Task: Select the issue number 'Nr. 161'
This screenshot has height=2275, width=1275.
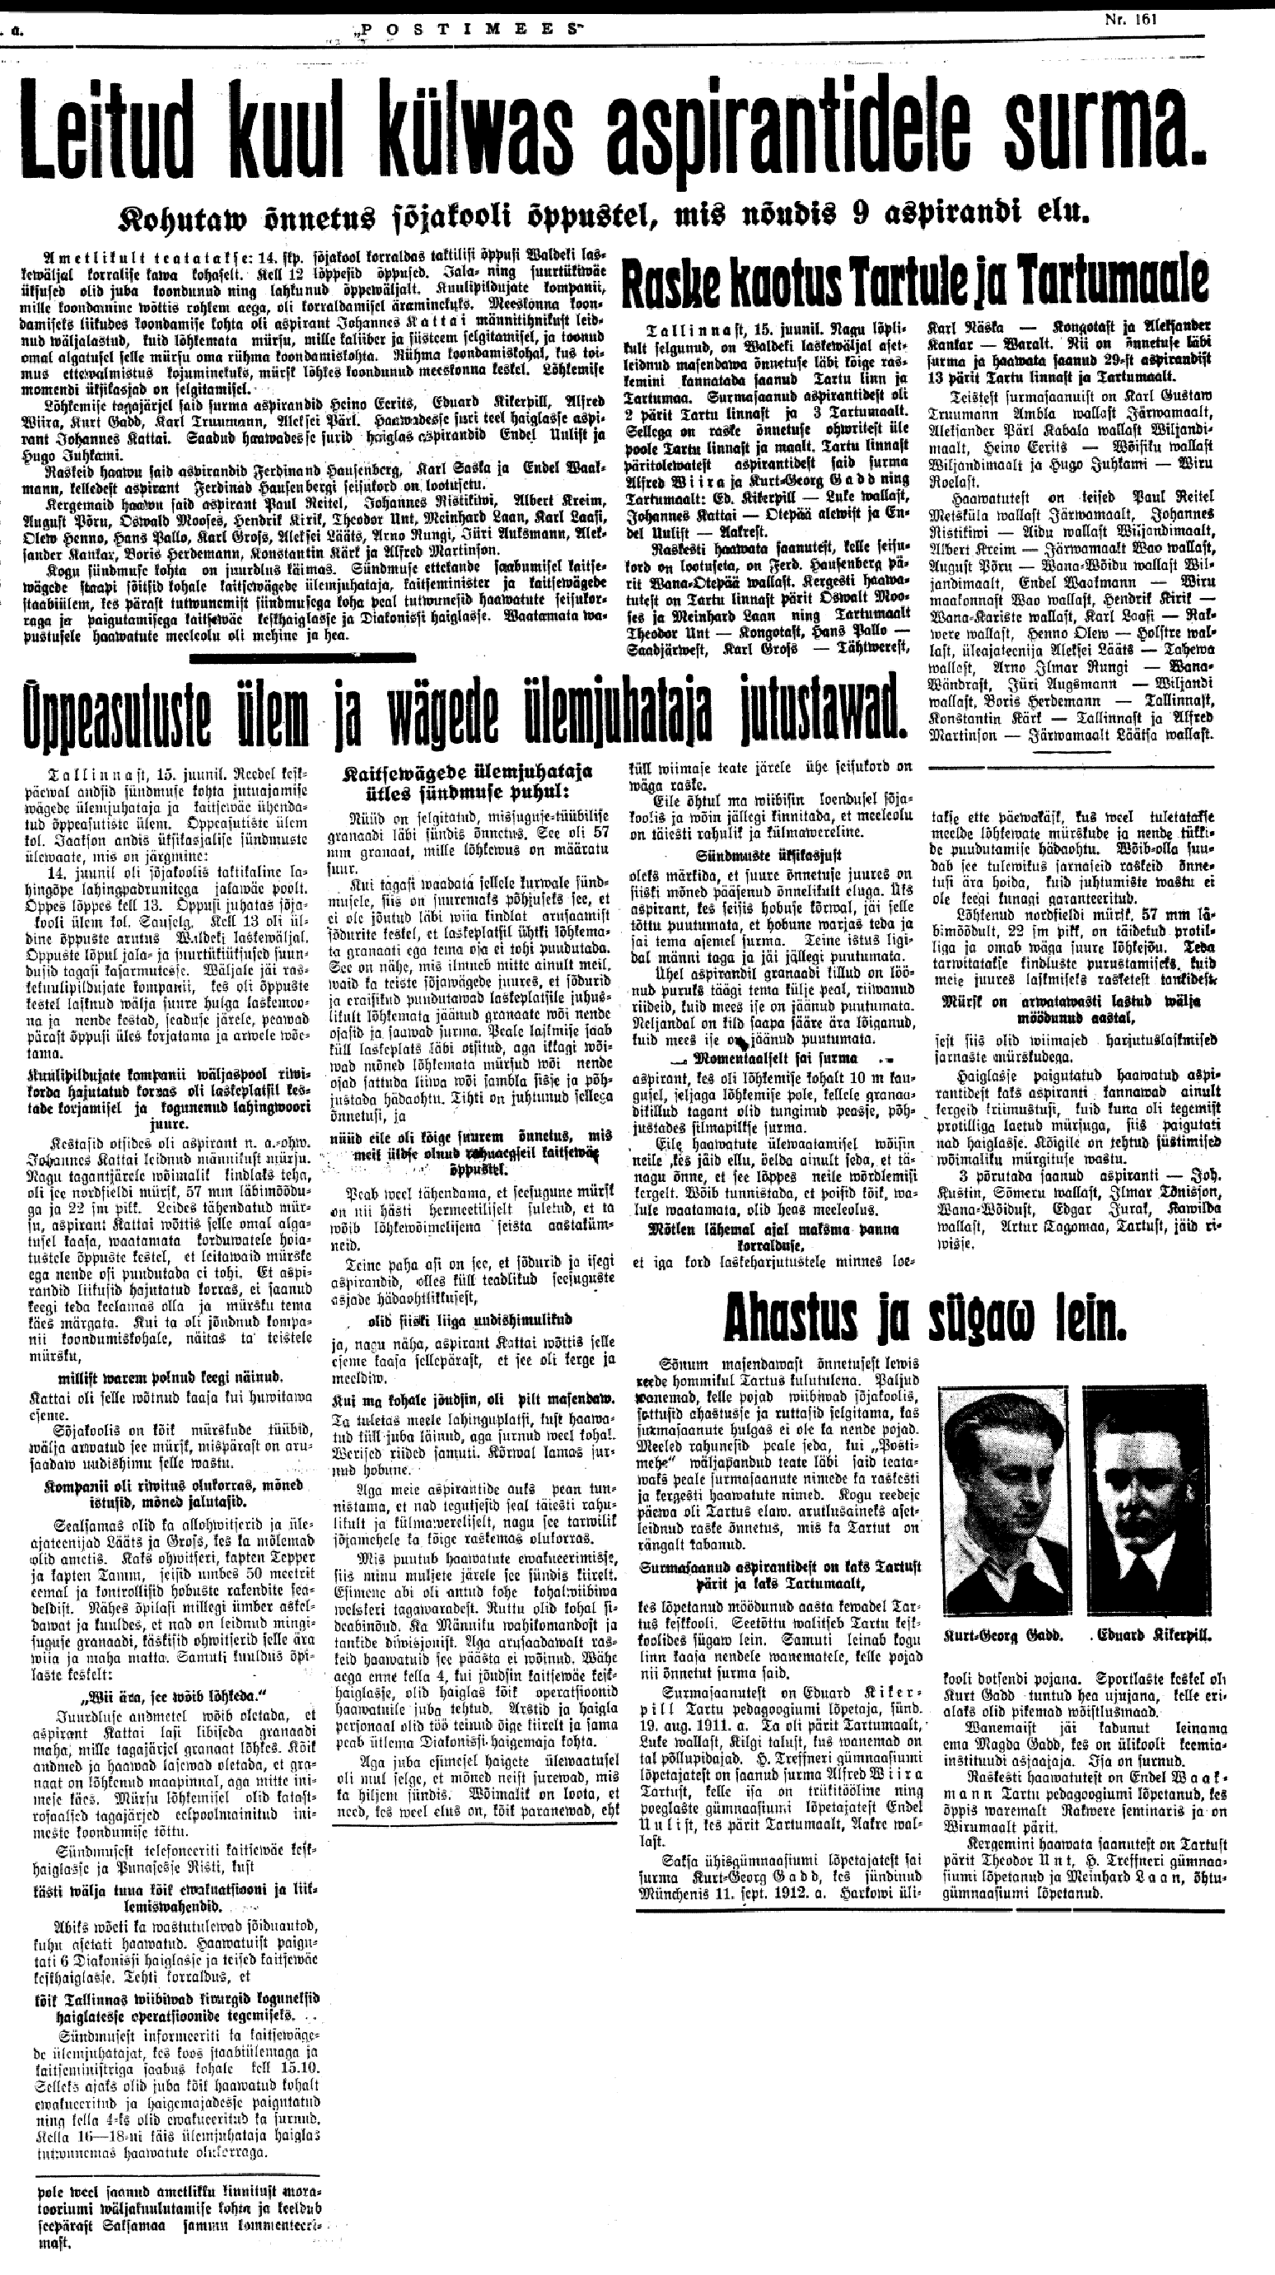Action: pos(1128,16)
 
